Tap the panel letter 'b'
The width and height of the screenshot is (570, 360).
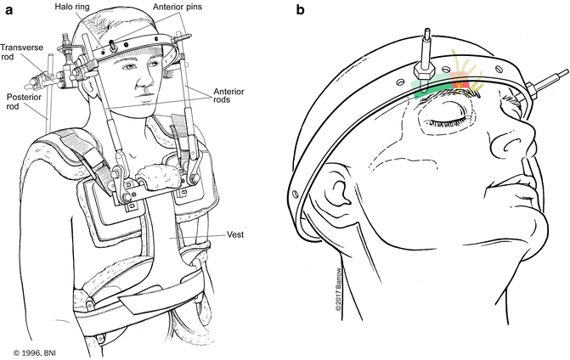pos(299,10)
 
